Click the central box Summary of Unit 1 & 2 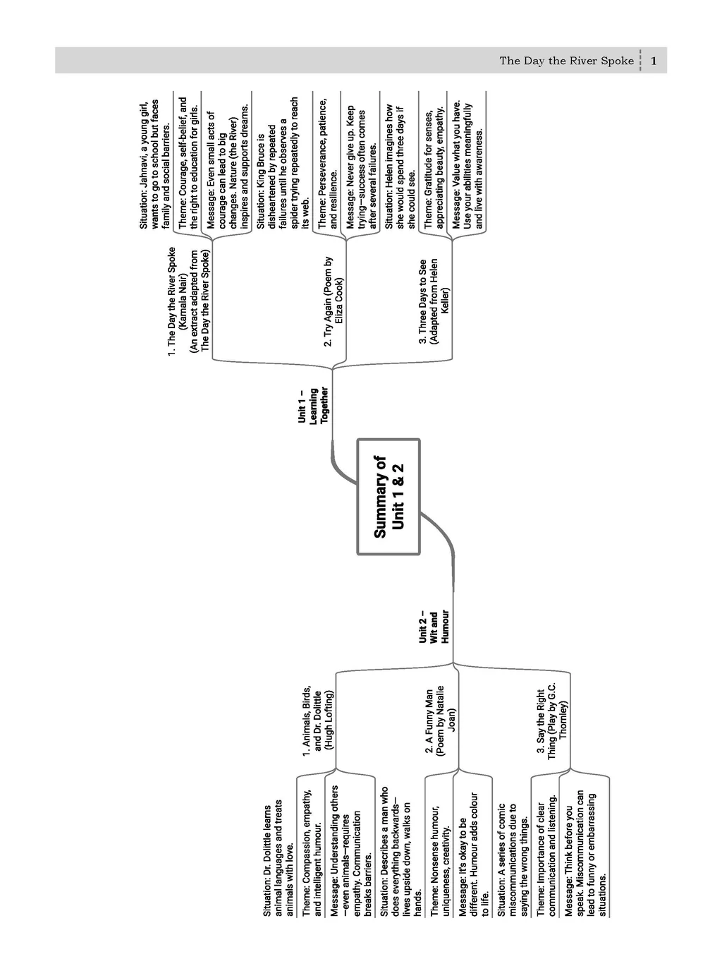[388, 497]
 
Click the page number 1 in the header [654, 61]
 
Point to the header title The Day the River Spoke [566, 61]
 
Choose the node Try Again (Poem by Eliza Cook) [334, 302]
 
